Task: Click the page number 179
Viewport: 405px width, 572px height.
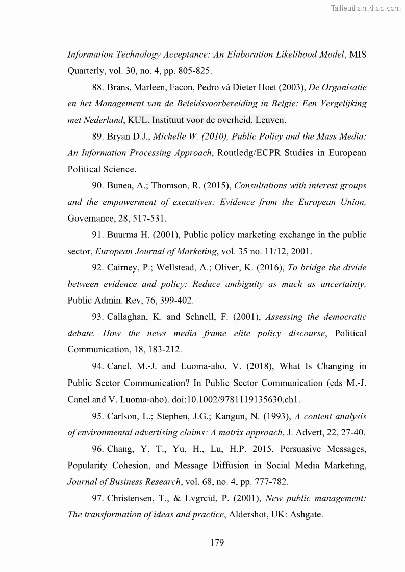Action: pos(217,542)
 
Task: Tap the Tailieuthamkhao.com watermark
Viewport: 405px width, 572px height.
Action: pos(366,8)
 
